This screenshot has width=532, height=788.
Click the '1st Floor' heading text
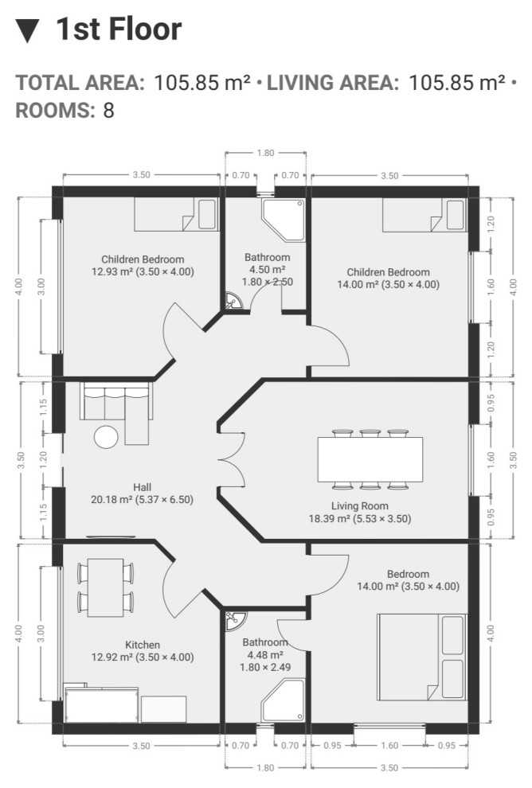click(x=119, y=29)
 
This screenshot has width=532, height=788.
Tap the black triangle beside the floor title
click(x=27, y=31)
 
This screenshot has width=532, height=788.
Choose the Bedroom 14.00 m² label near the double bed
click(x=409, y=580)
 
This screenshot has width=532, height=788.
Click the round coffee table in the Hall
click(x=106, y=437)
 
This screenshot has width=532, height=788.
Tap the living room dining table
click(x=370, y=459)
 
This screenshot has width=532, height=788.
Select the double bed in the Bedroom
click(x=422, y=657)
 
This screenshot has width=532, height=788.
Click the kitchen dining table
click(x=106, y=587)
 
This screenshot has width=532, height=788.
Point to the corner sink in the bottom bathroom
click(x=234, y=620)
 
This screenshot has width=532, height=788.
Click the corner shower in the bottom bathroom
click(x=284, y=700)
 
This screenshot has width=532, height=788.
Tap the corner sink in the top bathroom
click(x=234, y=301)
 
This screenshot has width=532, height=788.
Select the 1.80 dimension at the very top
click(x=265, y=153)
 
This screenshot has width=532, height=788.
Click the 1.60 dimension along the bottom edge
click(x=389, y=745)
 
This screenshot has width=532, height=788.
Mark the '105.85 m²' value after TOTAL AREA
click(x=201, y=83)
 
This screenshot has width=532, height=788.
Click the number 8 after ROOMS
click(x=109, y=110)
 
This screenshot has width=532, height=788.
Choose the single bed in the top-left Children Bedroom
click(x=176, y=215)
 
